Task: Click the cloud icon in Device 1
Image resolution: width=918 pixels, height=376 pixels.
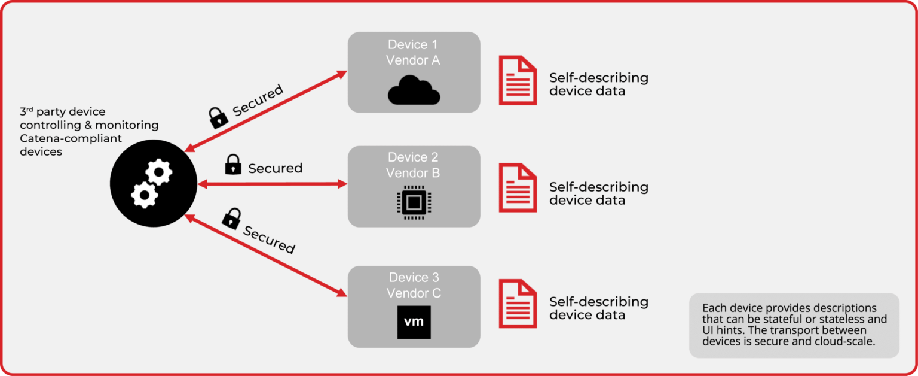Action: (x=414, y=90)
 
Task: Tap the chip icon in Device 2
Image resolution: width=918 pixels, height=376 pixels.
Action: (x=414, y=202)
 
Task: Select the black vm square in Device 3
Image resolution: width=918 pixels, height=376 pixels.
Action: (x=414, y=322)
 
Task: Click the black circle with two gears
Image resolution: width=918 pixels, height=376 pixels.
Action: (x=153, y=183)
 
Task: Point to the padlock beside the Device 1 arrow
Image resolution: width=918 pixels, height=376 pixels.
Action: (x=218, y=118)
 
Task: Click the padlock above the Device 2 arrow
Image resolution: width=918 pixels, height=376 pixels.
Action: (x=232, y=165)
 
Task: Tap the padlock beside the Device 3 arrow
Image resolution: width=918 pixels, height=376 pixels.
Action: (x=232, y=219)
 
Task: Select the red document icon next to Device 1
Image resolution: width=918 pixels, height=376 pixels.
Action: (x=518, y=80)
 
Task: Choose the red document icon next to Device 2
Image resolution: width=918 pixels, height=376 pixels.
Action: (x=518, y=187)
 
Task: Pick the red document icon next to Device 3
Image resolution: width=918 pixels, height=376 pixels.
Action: (x=518, y=304)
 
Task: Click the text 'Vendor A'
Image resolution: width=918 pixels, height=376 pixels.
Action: (x=413, y=60)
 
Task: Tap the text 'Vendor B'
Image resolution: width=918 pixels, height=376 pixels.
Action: (x=413, y=173)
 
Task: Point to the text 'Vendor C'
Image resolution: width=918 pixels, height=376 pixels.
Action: (x=414, y=293)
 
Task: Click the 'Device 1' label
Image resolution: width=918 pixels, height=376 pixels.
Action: (x=413, y=44)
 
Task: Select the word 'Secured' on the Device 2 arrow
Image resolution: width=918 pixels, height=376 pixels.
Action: (x=276, y=168)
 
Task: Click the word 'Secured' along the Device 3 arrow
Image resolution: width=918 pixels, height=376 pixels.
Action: (x=269, y=239)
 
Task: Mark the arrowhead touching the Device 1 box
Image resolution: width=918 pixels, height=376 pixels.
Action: (x=342, y=74)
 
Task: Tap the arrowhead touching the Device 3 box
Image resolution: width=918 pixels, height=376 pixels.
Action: (x=342, y=292)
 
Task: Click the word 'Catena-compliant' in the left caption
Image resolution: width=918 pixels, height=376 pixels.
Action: (x=71, y=139)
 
